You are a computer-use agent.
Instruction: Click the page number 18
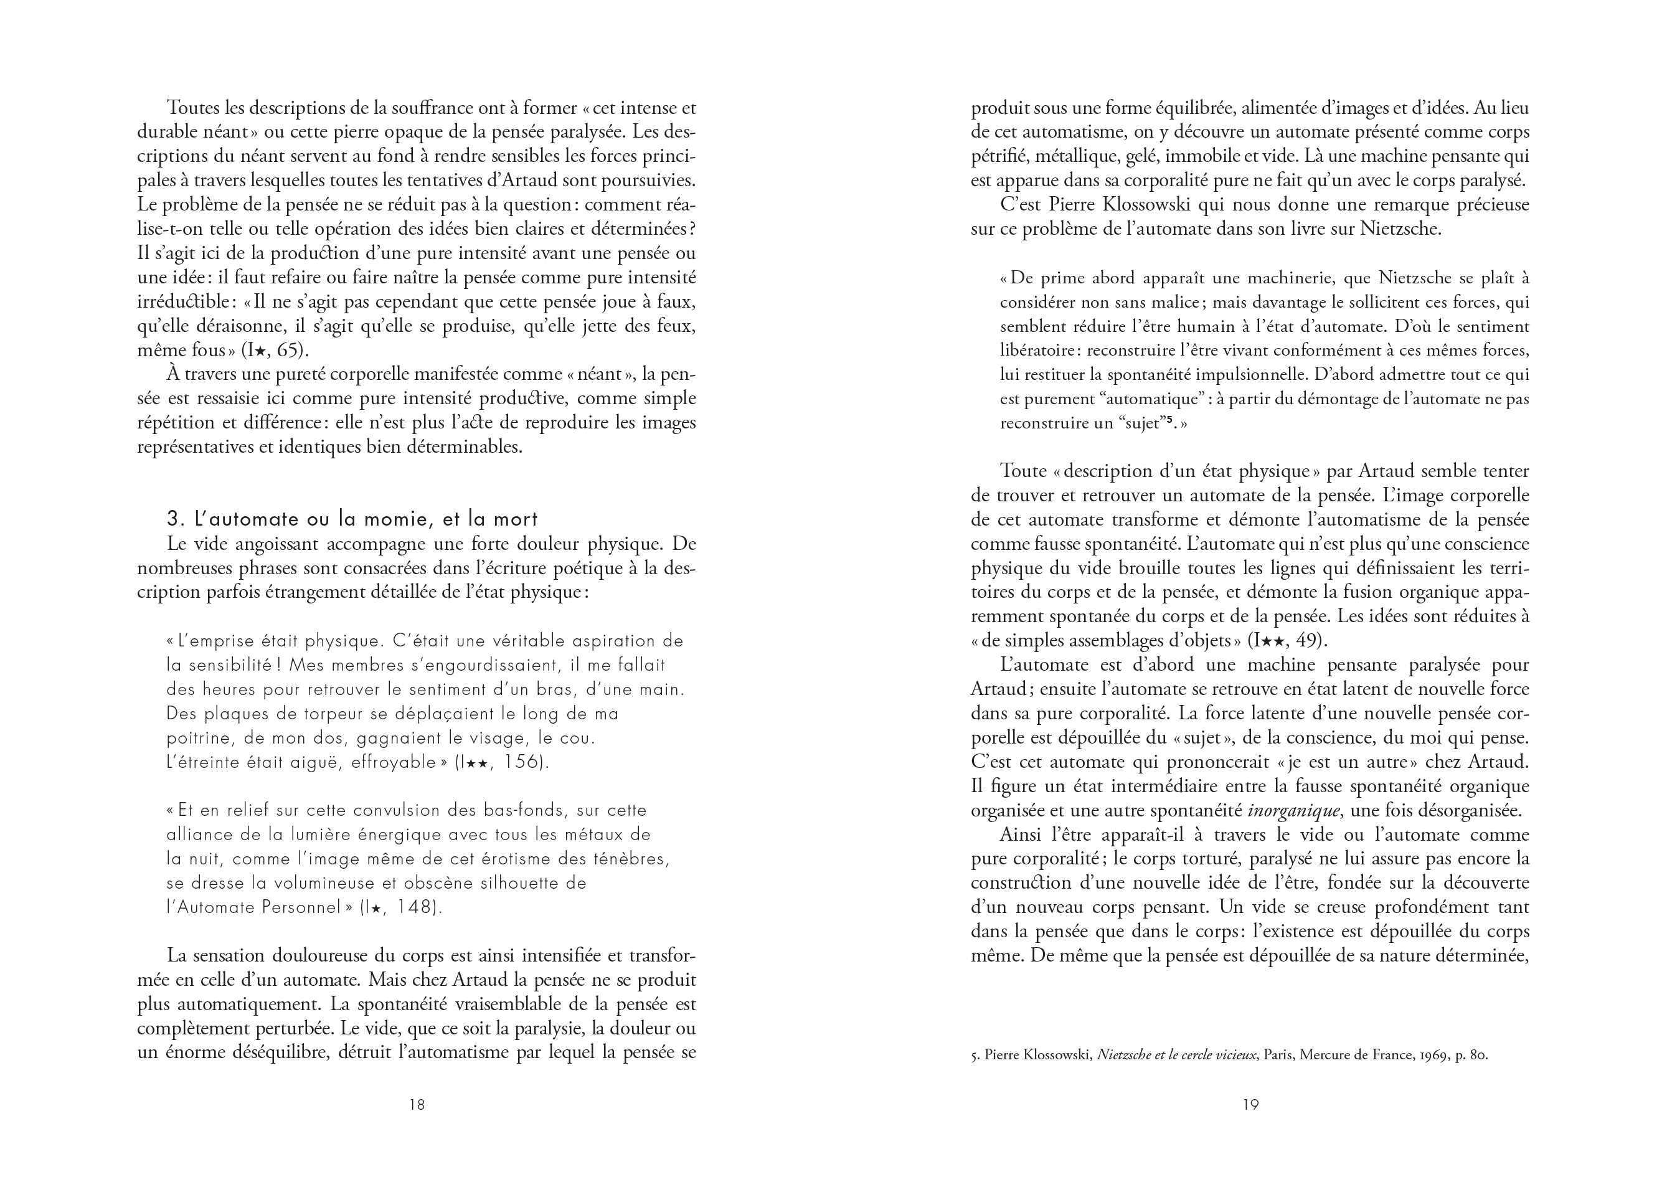tap(417, 1104)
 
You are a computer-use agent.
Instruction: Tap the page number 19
tap(1250, 1104)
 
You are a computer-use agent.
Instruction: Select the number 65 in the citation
tap(288, 350)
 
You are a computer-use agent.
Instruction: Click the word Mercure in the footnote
tap(1326, 1055)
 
